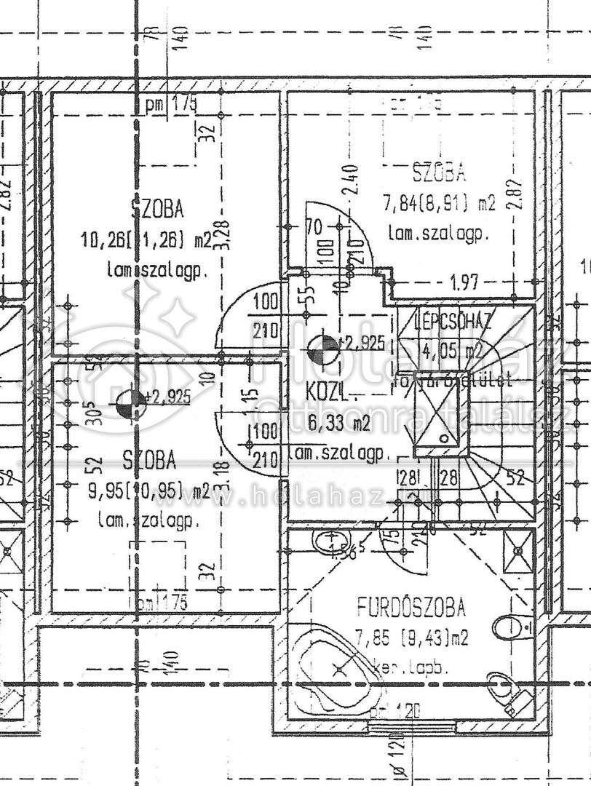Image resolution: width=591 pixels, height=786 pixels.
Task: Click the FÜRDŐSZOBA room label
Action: pyautogui.click(x=411, y=606)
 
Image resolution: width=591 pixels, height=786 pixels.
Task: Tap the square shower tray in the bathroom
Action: pyautogui.click(x=518, y=551)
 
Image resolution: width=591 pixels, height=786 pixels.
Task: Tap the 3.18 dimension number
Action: pyautogui.click(x=223, y=475)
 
